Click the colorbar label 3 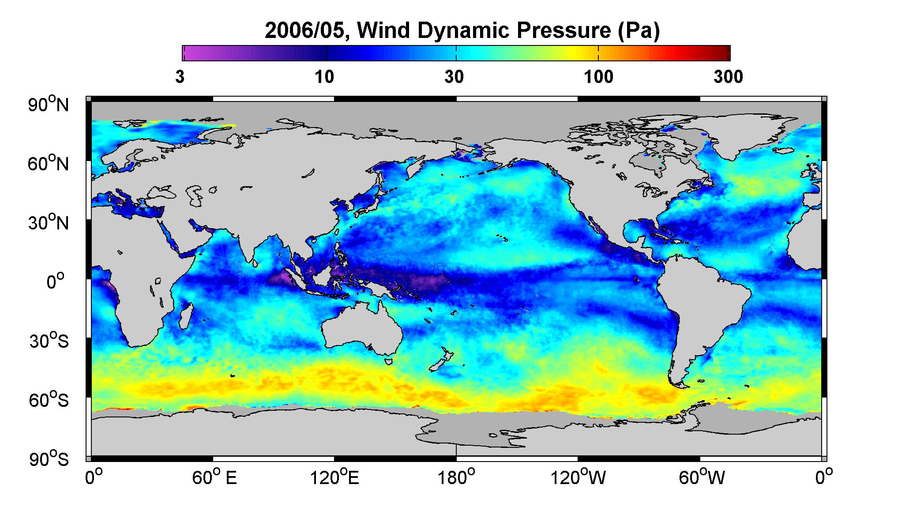coord(180,77)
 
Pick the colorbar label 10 coord(324,77)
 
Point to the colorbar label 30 coord(454,77)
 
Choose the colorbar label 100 coord(598,77)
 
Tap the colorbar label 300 coord(728,77)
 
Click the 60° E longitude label coord(214,478)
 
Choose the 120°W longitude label coord(578,478)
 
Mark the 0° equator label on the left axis coord(56,281)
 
